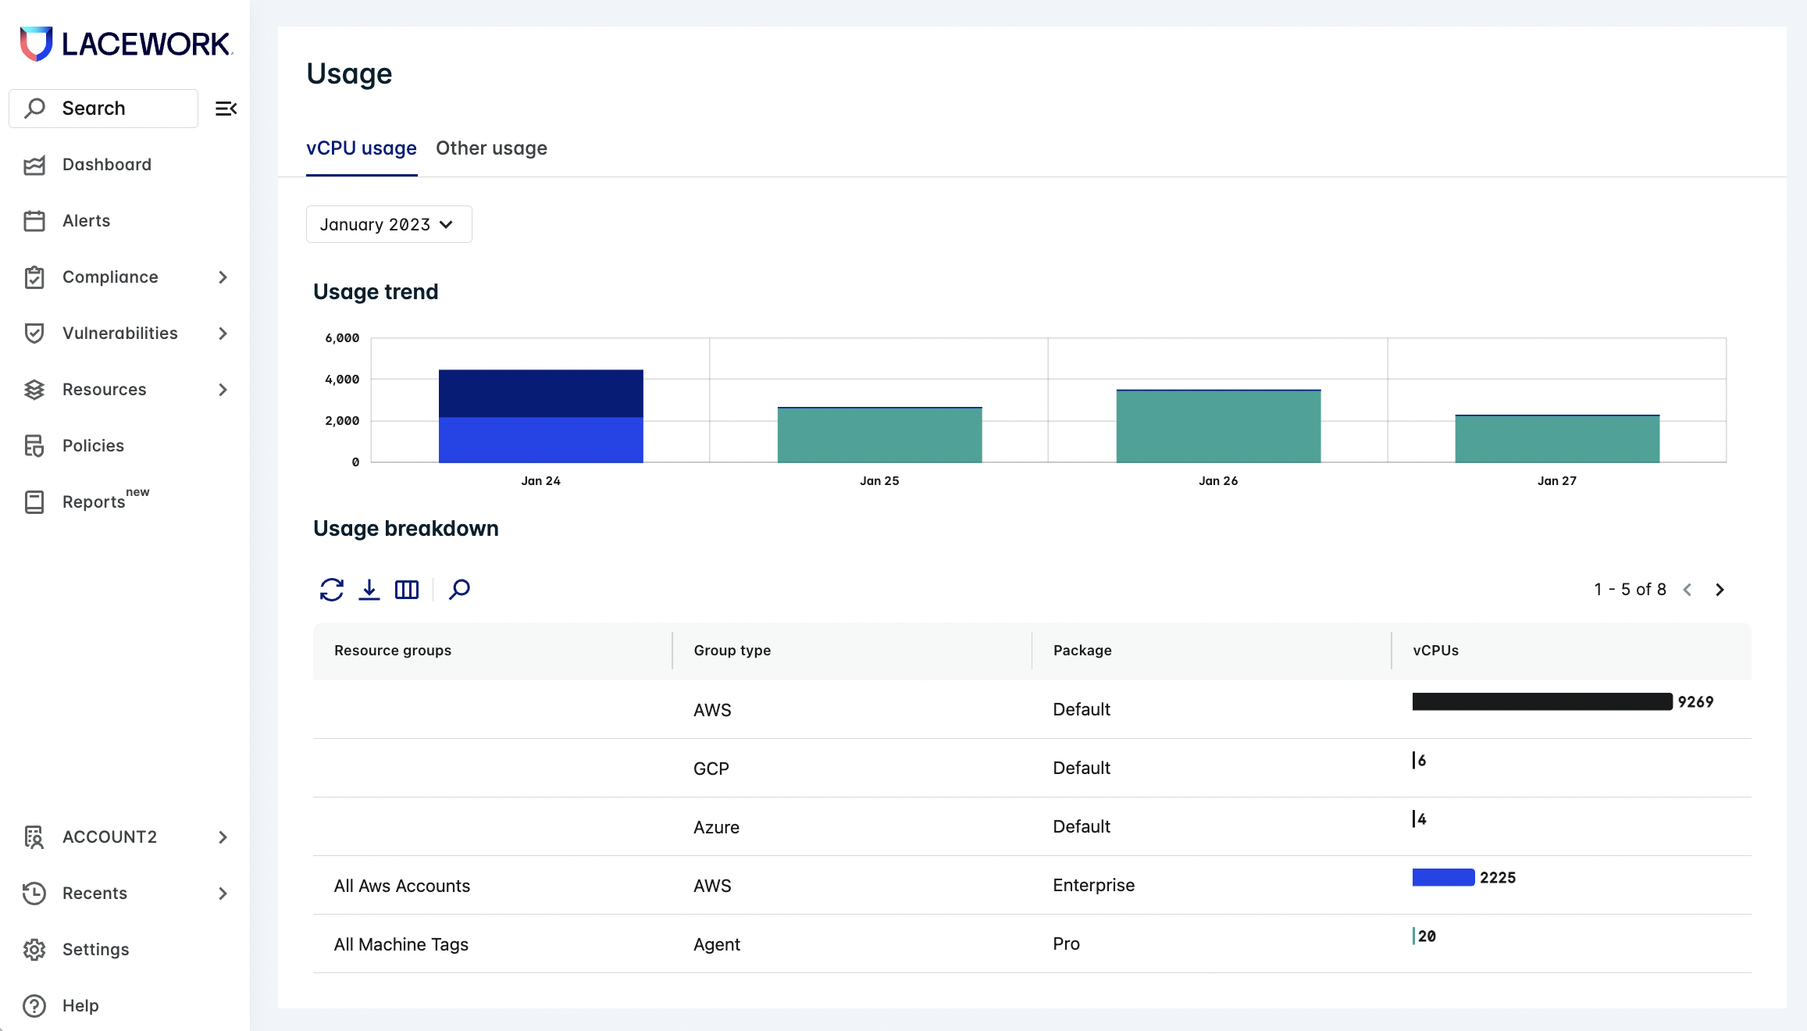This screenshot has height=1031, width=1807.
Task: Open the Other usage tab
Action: (491, 148)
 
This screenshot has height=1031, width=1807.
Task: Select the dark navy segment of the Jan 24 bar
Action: (540, 393)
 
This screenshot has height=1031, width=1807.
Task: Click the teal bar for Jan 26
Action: (1217, 427)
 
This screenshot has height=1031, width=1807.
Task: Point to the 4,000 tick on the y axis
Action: (342, 380)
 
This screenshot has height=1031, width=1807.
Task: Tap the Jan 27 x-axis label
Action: (1556, 481)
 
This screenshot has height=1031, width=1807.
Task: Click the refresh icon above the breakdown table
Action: (332, 590)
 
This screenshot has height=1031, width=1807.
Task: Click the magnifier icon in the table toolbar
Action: (459, 590)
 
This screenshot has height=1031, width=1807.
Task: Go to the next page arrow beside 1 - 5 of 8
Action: (1720, 590)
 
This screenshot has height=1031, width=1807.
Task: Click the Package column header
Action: (1082, 651)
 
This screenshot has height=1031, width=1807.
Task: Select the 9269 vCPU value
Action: (1695, 702)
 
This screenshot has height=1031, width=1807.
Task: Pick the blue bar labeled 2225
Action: (1442, 877)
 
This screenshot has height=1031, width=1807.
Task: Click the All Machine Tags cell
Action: (401, 944)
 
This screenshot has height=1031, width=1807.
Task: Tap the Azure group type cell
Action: (716, 827)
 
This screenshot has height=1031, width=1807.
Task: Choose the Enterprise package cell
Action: (1093, 886)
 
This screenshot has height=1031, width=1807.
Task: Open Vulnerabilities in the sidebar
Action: (120, 334)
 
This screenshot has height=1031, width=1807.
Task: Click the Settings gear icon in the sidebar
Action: (34, 950)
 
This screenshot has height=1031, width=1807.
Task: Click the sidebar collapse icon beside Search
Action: (226, 109)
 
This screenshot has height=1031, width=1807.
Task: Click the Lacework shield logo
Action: (36, 44)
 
